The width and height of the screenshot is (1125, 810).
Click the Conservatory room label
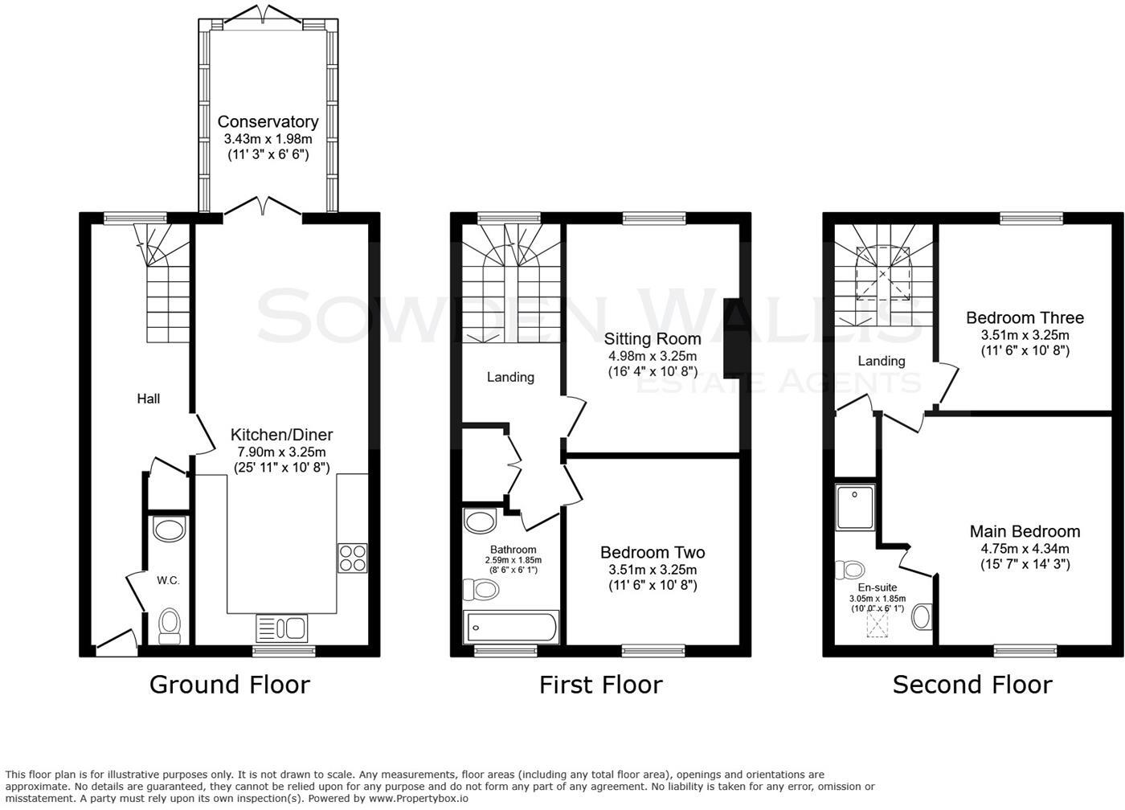268,122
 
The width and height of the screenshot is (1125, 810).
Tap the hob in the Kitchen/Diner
353,558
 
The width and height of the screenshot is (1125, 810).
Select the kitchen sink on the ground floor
281,627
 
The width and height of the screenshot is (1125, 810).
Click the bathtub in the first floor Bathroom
512,626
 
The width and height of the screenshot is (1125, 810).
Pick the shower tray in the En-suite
854,506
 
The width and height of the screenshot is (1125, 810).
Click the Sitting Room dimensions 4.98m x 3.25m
652,356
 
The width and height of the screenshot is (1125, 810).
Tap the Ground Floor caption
229,685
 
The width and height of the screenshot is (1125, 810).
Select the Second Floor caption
972,685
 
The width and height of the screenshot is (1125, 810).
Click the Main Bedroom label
1025,531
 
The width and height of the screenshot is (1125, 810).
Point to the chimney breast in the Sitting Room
732,337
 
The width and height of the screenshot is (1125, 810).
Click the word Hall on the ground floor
148,399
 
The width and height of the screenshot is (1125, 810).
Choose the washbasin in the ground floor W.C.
169,529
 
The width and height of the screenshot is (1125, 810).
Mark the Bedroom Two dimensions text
652,570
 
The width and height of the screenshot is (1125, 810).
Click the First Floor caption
600,685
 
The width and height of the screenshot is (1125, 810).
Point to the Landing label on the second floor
882,361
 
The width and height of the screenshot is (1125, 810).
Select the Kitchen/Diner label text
281,435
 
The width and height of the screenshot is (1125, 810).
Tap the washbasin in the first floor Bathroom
481,522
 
